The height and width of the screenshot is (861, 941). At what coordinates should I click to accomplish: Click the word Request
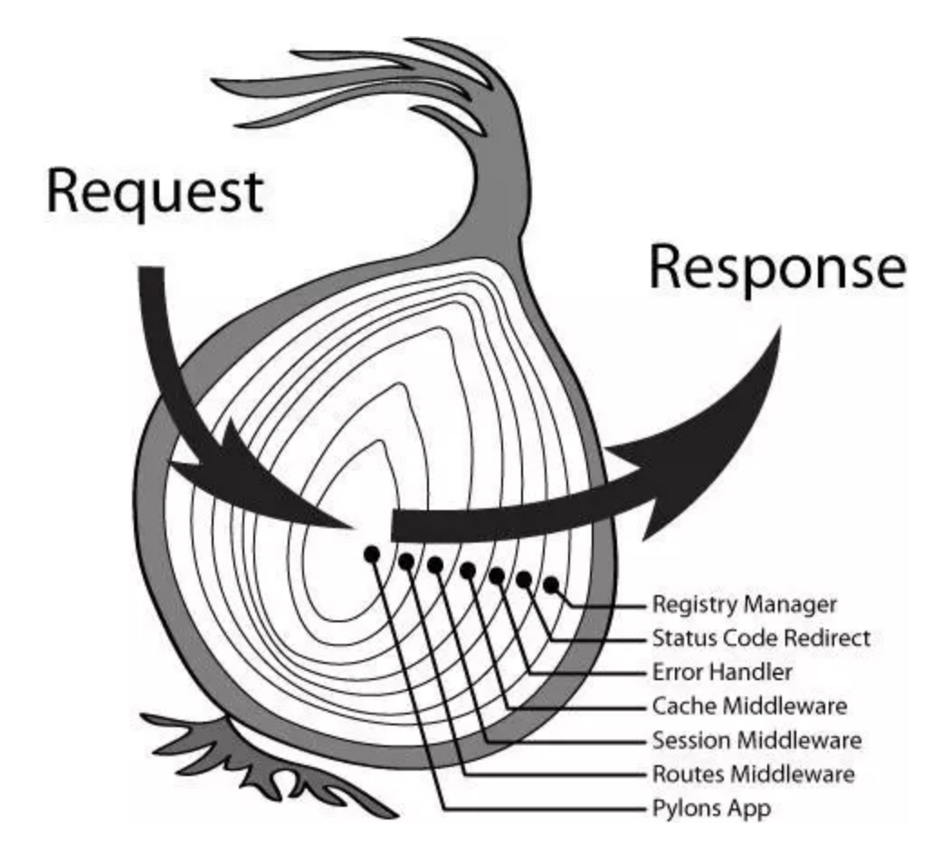pos(155,191)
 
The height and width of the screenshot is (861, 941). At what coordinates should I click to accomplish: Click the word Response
pos(777,268)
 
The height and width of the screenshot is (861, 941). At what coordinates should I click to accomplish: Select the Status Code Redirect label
pos(761,638)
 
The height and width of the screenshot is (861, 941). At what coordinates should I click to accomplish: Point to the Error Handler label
pos(722,672)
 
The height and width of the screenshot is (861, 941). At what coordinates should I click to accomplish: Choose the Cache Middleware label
pos(750,705)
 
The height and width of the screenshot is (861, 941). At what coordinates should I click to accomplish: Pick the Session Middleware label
pos(756,741)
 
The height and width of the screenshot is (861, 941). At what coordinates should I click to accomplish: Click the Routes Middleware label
pos(753,774)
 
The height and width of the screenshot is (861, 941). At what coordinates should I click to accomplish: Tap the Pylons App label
pos(711,808)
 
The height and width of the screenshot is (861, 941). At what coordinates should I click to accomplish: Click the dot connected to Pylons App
pos(371,554)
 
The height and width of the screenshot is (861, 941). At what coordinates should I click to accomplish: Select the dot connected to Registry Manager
pos(551,585)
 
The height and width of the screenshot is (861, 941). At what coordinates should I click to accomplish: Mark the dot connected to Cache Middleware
pos(467,570)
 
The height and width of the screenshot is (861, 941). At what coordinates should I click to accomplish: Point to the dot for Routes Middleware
pos(406,562)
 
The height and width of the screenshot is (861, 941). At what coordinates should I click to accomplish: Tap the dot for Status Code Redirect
pos(524,580)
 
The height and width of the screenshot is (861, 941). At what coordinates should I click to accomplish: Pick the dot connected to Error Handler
pos(496,575)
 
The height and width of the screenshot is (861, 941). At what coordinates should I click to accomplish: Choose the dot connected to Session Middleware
pos(435,564)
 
